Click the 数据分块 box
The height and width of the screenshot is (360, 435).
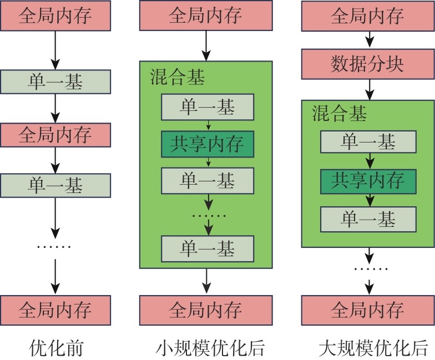367,65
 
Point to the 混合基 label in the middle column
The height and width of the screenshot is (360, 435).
177,78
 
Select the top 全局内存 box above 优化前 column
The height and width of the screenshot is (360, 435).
55,17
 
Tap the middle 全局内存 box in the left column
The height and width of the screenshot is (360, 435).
55,135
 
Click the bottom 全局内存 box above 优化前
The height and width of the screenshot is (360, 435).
55,309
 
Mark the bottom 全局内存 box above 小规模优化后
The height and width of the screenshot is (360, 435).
205,309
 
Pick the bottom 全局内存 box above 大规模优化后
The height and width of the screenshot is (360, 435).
367,309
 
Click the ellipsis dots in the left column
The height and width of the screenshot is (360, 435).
54,246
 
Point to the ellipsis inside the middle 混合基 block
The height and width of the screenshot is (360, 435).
208,215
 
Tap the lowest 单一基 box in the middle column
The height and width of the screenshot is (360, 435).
207,248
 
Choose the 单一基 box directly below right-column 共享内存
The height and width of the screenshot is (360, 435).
367,219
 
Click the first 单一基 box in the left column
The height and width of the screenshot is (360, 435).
55,83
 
